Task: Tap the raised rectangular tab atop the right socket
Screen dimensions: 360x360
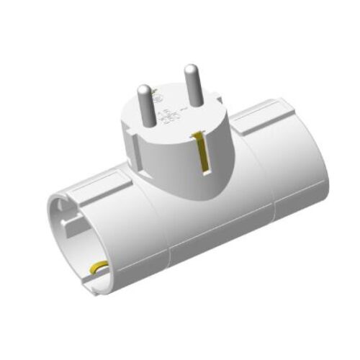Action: pyautogui.click(x=268, y=115)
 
